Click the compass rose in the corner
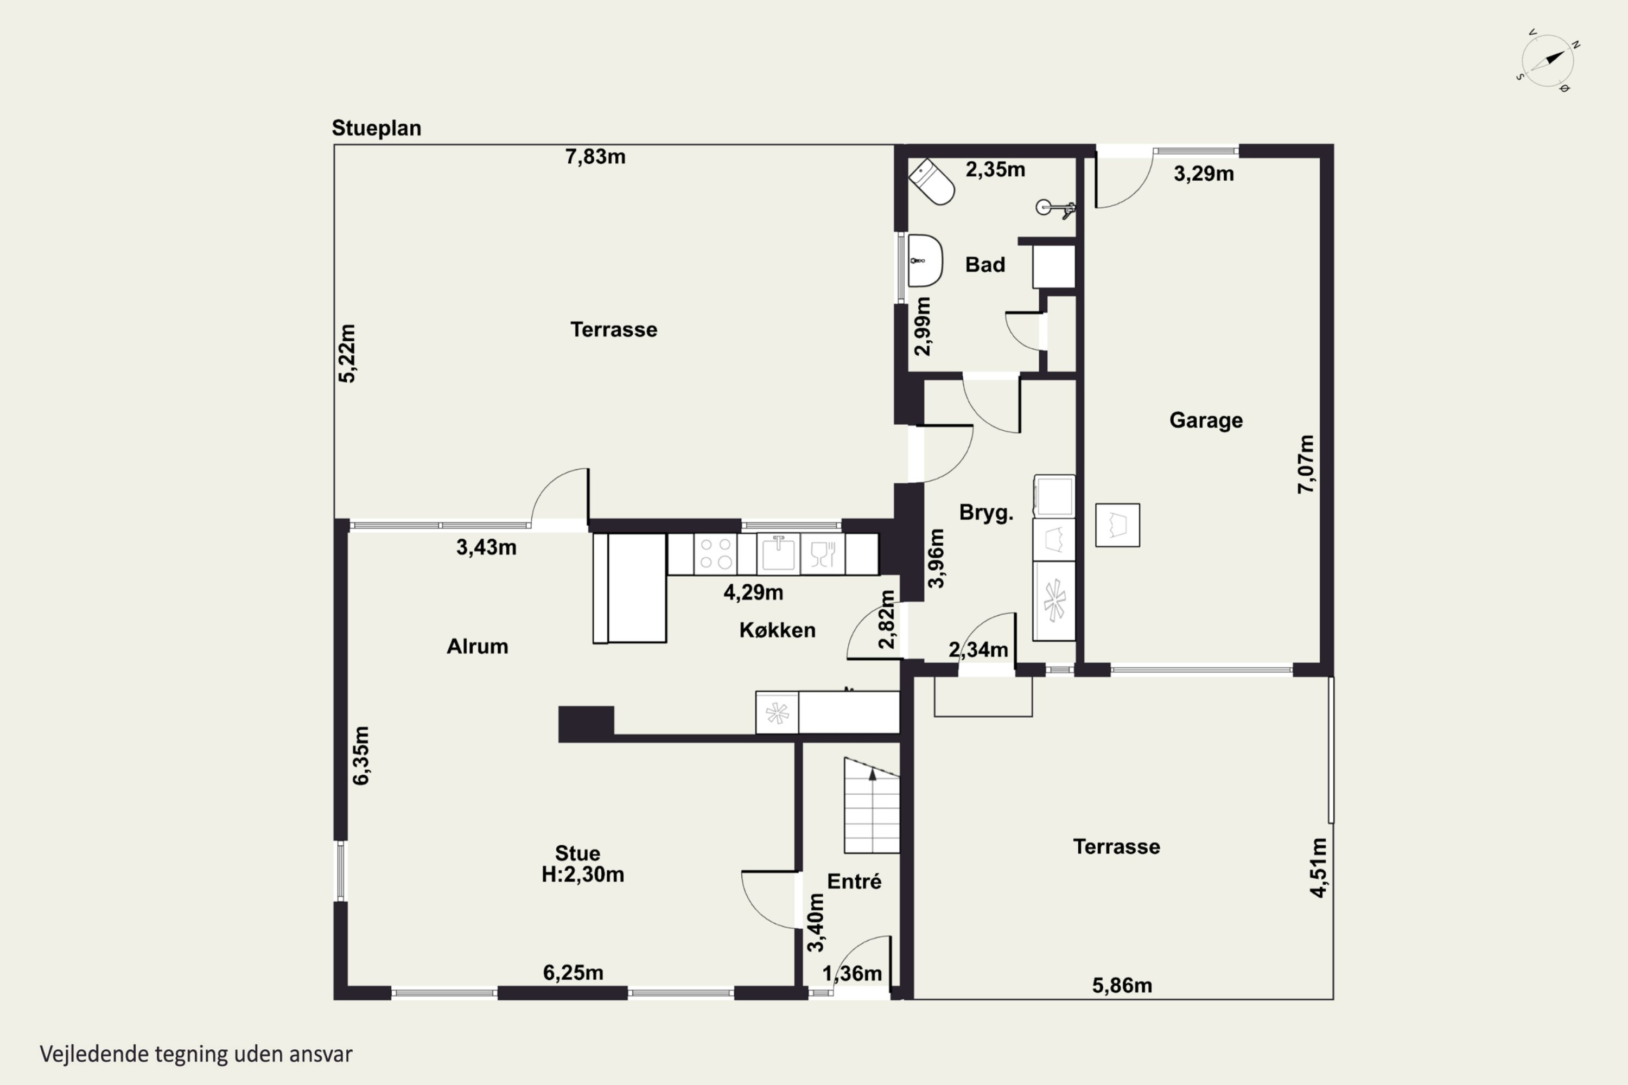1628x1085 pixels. pyautogui.click(x=1548, y=60)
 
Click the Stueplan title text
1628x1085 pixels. pyautogui.click(x=377, y=128)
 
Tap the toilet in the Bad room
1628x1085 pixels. pyautogui.click(x=932, y=182)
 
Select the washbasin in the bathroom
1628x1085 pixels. pyautogui.click(x=925, y=261)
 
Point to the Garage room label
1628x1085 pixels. pyautogui.click(x=1206, y=420)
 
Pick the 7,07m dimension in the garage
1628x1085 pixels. pyautogui.click(x=1306, y=464)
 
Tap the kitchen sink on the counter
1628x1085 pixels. pyautogui.click(x=779, y=553)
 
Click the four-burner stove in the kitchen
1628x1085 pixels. pyautogui.click(x=716, y=553)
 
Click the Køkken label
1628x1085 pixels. pyautogui.click(x=777, y=630)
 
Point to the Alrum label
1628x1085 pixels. pyautogui.click(x=478, y=646)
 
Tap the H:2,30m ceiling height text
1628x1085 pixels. pyautogui.click(x=583, y=875)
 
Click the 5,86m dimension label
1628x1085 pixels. pyautogui.click(x=1122, y=985)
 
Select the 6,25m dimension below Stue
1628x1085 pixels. pyautogui.click(x=573, y=973)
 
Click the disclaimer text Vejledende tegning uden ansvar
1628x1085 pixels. pyautogui.click(x=196, y=1054)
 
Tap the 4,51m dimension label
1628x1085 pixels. pyautogui.click(x=1319, y=867)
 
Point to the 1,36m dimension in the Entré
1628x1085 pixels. pyautogui.click(x=852, y=974)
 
